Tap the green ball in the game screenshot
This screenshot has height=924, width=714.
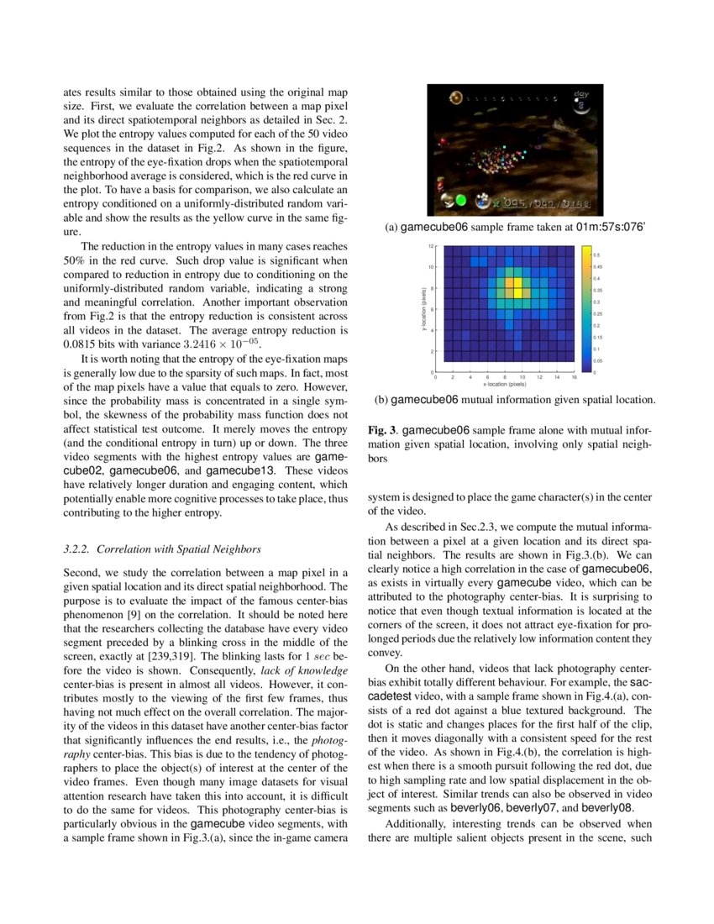(460, 201)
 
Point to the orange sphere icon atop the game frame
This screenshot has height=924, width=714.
(454, 98)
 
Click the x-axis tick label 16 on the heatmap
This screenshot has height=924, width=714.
(575, 378)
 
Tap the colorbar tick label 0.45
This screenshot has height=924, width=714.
(597, 266)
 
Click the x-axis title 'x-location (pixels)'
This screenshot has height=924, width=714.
(505, 385)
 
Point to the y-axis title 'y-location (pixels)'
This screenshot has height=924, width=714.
(421, 308)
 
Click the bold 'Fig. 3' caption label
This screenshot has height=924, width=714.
(382, 429)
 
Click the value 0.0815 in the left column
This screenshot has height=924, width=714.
(82, 344)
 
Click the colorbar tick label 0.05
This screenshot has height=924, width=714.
(597, 360)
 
